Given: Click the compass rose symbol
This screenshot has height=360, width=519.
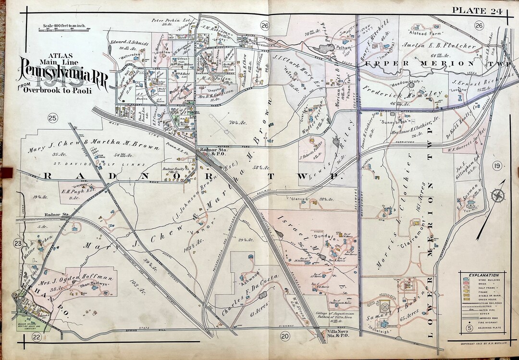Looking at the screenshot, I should (498, 196).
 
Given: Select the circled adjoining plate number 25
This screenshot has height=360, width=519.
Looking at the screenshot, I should (52, 118).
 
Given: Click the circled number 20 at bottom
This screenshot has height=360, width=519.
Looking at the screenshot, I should (284, 336).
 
